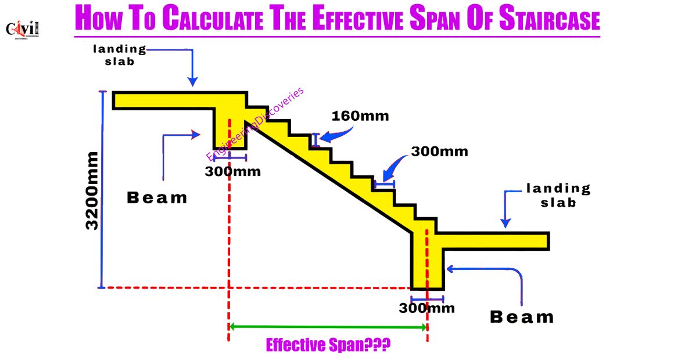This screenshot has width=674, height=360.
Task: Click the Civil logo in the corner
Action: coord(22,30)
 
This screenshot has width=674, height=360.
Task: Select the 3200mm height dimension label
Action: coord(92,190)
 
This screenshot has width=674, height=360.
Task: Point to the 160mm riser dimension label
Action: coord(360,116)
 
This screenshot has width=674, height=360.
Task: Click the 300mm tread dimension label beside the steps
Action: coord(439,152)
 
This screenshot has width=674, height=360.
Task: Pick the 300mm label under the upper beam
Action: coord(232,171)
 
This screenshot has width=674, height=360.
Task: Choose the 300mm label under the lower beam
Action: coord(427,308)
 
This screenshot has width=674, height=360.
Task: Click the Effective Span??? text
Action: coord(328,345)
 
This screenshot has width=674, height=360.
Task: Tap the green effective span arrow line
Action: coord(328,327)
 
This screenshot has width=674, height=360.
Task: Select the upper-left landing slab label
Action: coord(120,55)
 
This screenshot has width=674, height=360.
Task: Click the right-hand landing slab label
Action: coord(558,196)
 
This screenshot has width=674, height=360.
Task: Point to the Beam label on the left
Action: coord(157,197)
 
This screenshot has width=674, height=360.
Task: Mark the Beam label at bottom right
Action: coord(522,317)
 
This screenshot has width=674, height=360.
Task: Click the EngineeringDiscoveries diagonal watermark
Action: coord(255,124)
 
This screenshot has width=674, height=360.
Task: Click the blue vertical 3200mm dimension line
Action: coord(102,189)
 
